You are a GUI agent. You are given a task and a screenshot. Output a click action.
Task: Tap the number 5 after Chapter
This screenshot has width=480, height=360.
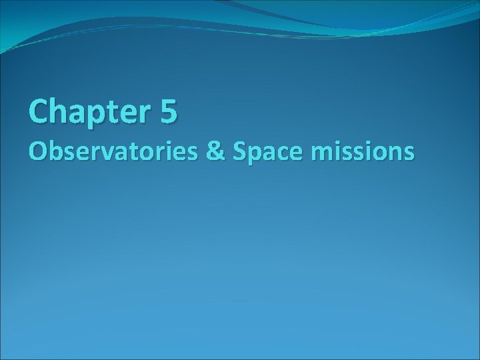(x=169, y=111)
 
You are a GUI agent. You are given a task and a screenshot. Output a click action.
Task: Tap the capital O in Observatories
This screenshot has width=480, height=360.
(x=38, y=153)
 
